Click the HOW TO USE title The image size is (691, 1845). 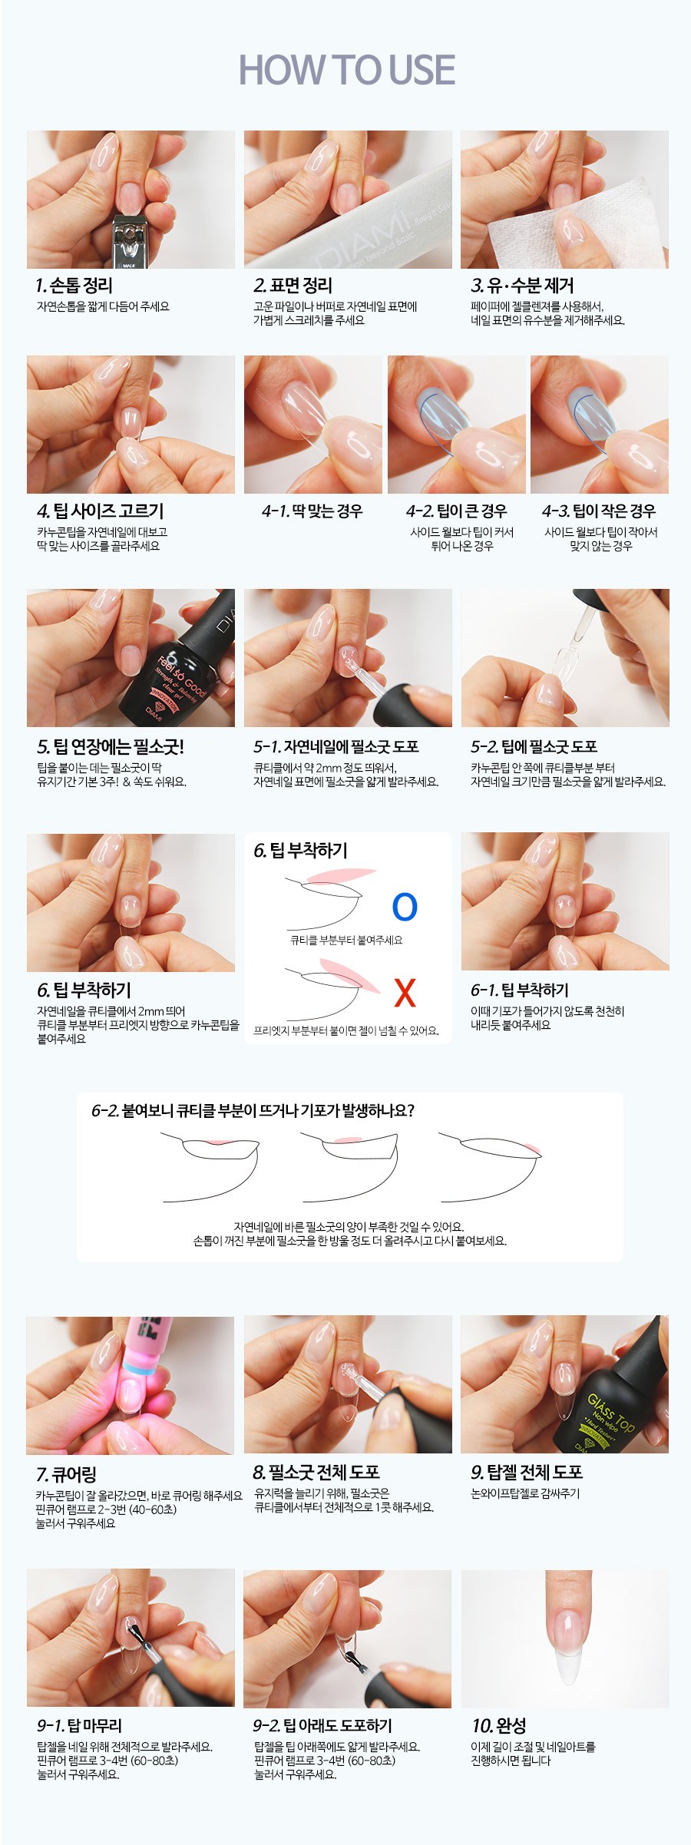(x=346, y=70)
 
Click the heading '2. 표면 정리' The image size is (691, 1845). (x=293, y=286)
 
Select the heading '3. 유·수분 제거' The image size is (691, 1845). (x=522, y=286)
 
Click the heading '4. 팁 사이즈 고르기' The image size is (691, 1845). (x=100, y=511)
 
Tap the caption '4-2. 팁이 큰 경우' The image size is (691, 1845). (x=456, y=511)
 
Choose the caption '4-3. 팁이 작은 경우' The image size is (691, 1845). (x=599, y=511)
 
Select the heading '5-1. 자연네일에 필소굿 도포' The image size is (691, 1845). (x=336, y=747)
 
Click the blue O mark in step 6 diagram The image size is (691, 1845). (x=405, y=907)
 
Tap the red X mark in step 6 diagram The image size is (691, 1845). (x=405, y=993)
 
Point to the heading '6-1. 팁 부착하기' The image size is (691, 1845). (x=520, y=990)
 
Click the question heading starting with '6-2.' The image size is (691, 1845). (x=253, y=1110)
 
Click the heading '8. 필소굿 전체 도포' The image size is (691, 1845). (x=316, y=1473)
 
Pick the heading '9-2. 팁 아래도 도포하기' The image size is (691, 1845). (x=322, y=1726)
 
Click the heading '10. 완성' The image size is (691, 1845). (x=499, y=1726)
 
